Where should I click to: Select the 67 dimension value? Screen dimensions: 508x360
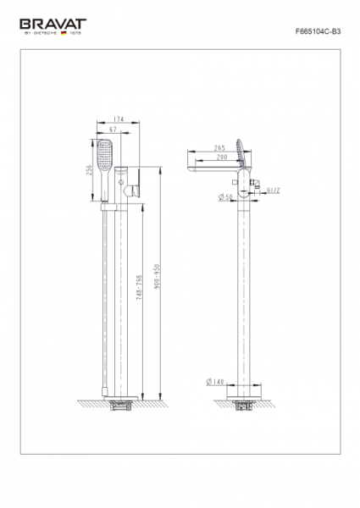point(113,130)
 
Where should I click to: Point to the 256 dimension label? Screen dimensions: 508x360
point(87,172)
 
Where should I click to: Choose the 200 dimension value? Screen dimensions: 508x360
point(221,157)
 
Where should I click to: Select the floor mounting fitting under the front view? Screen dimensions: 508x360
point(123,405)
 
